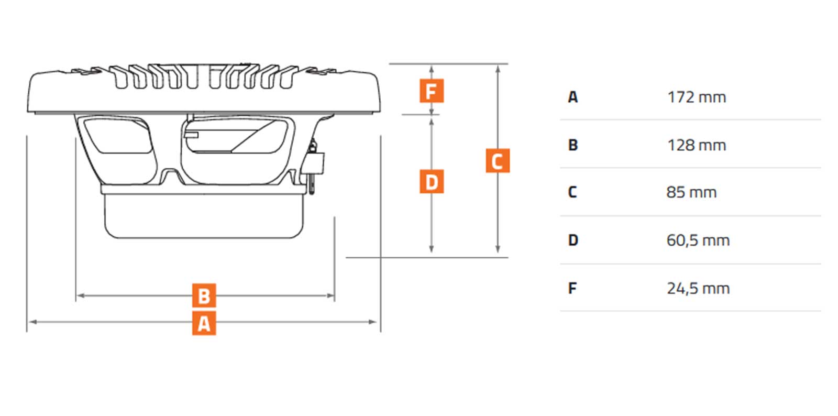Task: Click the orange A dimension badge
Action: pos(204,323)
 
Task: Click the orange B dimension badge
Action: pos(204,295)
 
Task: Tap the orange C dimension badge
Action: pos(497,161)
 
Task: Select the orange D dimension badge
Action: pos(431,181)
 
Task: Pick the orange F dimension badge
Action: pos(431,91)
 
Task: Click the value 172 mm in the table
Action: pos(696,97)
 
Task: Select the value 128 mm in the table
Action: pos(696,145)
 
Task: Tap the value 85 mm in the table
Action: pos(691,192)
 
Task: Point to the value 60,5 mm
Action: pos(698,240)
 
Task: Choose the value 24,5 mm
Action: pos(698,288)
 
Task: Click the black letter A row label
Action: pos(572,97)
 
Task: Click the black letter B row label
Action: pos(572,145)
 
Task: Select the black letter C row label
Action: pos(572,192)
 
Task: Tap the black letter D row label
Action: pos(572,240)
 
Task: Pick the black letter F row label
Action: pos(572,288)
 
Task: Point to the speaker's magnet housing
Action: pos(204,215)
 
